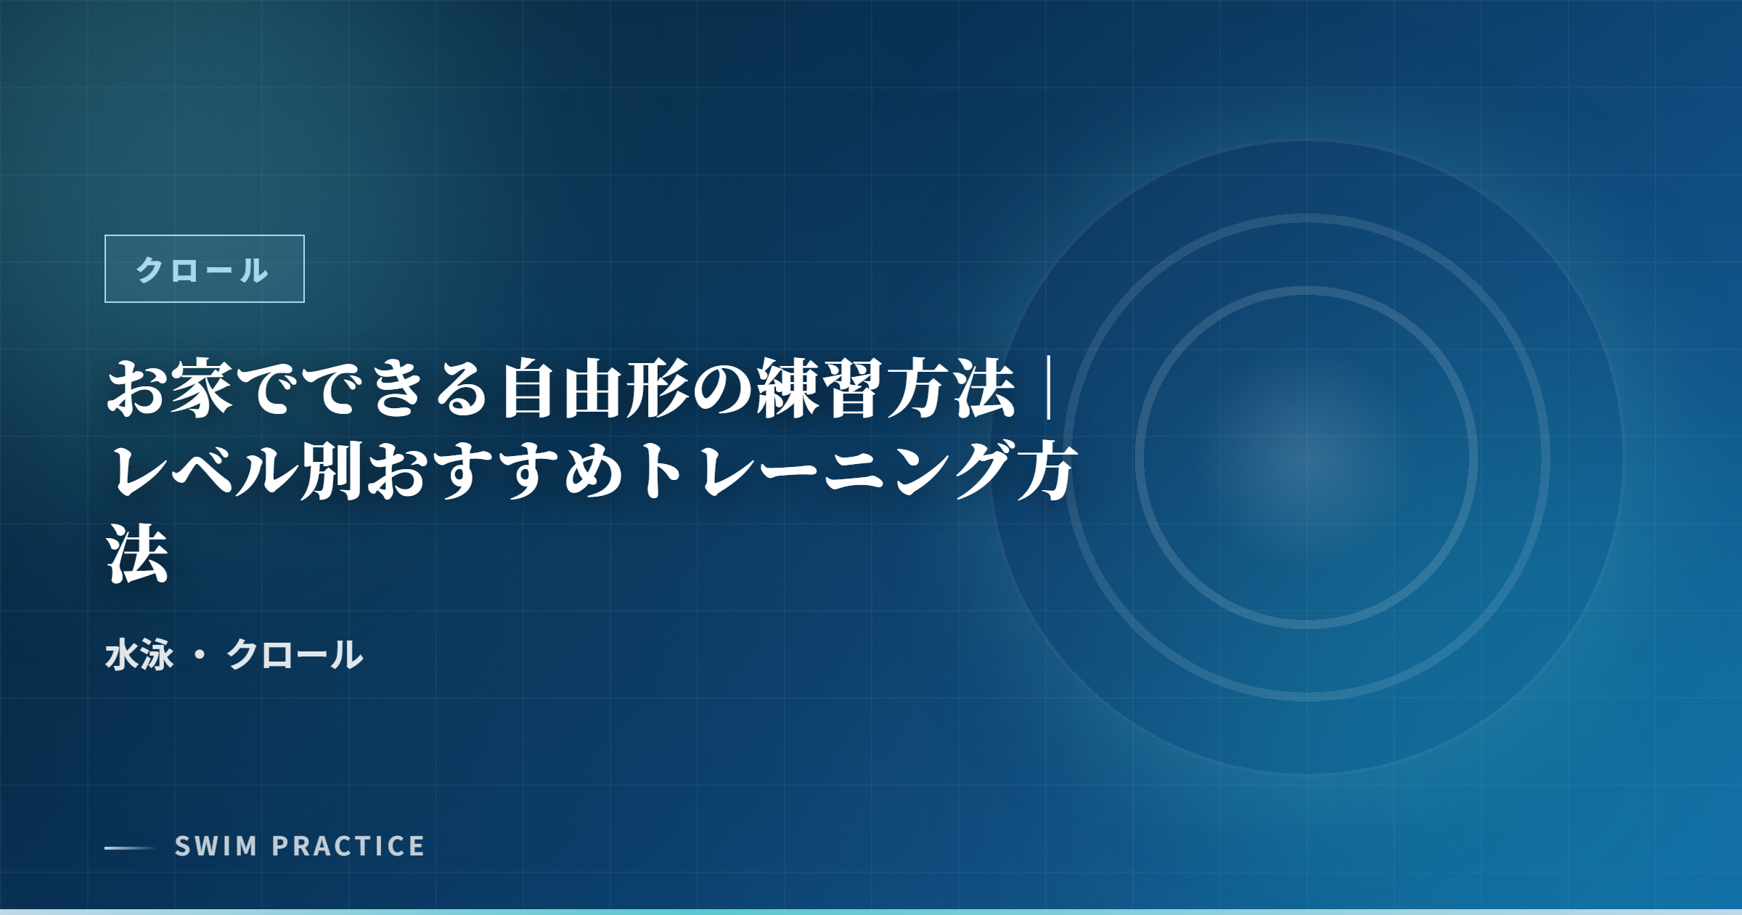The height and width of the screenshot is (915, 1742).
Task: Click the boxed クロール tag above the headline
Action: tap(204, 269)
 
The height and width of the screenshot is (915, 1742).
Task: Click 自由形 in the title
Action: tap(595, 390)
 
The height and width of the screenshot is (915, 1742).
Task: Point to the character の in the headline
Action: tap(723, 390)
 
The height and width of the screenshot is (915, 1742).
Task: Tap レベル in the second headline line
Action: tap(203, 472)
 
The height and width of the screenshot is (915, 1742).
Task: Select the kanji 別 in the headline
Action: tap(330, 472)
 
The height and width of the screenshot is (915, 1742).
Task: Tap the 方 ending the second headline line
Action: tap(1045, 472)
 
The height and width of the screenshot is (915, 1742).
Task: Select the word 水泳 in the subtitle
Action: tap(139, 655)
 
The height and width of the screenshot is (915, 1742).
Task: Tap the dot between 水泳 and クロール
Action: tap(200, 655)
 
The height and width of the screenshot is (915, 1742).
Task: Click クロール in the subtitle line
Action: tap(295, 655)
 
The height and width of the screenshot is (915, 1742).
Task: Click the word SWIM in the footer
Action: tap(216, 847)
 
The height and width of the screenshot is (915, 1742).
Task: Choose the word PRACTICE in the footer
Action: tap(348, 847)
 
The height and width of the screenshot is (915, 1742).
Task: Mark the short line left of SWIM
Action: tap(129, 847)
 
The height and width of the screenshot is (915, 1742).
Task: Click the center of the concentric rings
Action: tap(1306, 457)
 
